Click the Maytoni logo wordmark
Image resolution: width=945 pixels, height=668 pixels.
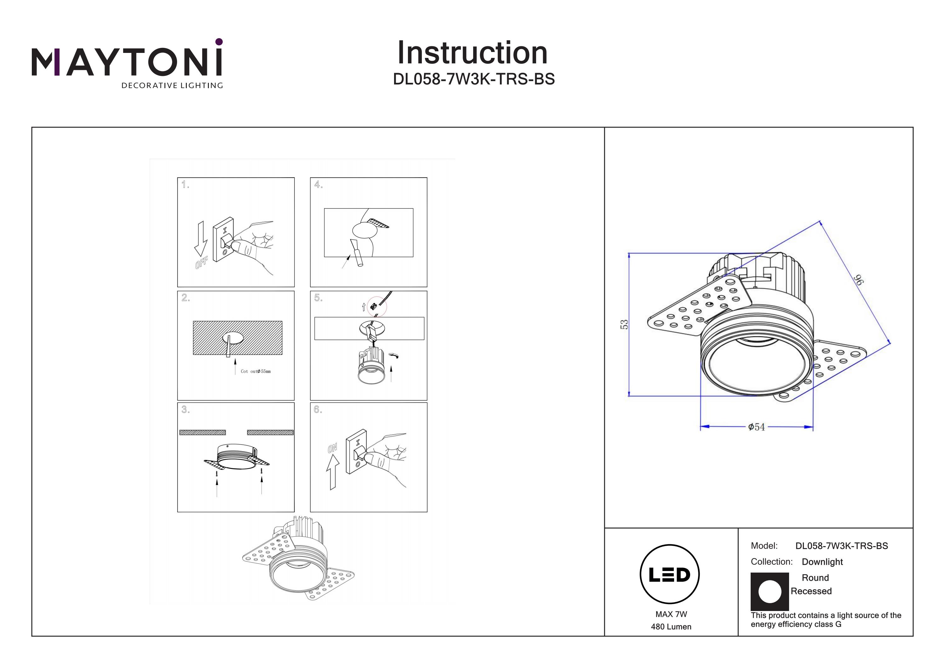pos(127,62)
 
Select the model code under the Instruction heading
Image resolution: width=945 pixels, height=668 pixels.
pos(474,79)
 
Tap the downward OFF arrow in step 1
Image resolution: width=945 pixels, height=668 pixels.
pos(201,239)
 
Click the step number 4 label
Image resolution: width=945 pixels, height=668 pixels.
pos(318,185)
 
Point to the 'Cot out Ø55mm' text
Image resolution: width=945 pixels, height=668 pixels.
pos(255,371)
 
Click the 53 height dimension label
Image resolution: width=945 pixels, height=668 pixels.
pos(624,324)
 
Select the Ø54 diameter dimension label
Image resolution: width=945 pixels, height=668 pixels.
pos(757,427)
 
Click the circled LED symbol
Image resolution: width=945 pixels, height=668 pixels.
pos(670,574)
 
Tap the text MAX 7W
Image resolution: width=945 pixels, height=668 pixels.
pos(671,614)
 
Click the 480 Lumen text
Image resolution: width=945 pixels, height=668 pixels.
pos(671,627)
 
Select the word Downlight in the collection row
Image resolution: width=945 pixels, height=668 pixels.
pos(822,562)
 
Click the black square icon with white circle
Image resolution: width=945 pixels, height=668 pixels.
pos(770,591)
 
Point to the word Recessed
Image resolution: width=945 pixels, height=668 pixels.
pos(811,591)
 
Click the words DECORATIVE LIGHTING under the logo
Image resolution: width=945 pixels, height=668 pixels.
pos(172,86)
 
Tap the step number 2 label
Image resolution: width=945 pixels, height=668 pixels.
pos(186,298)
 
